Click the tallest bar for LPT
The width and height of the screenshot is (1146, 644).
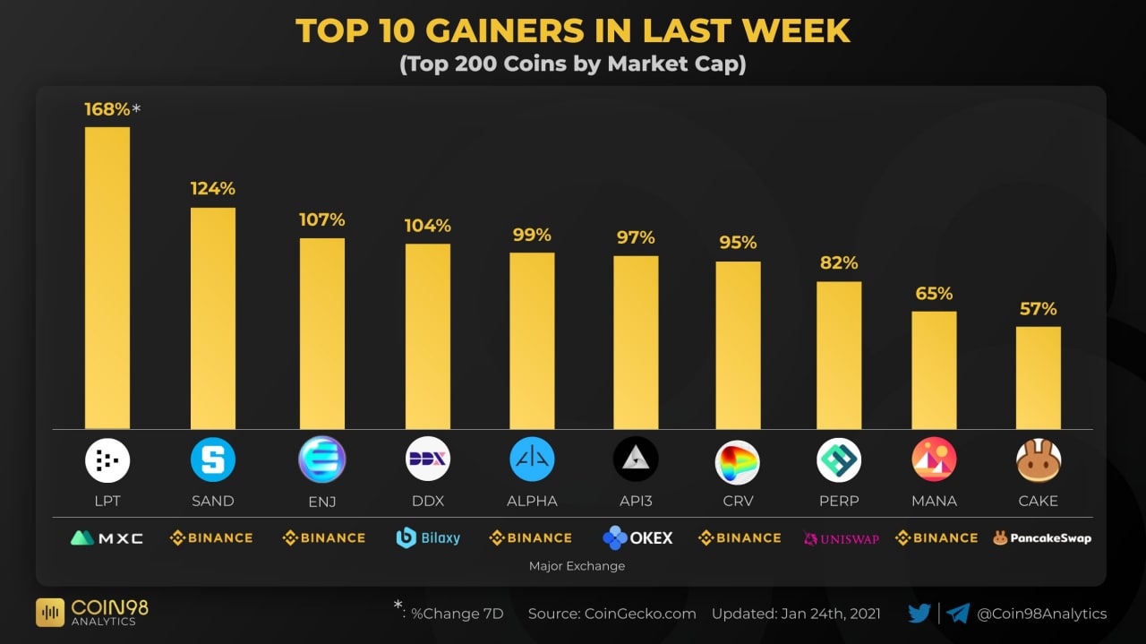coord(107,278)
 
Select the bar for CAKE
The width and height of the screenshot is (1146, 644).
coord(1039,377)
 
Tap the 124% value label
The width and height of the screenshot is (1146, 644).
coord(212,189)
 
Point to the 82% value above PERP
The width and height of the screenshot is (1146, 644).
coord(839,263)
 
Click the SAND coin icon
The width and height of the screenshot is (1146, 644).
coord(213,460)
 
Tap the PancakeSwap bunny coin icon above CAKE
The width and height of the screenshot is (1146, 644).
coord(1039,461)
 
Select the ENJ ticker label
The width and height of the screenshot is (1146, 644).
coord(322,502)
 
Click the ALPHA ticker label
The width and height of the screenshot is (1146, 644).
coord(532,502)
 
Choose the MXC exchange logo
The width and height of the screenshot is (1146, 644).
coord(107,538)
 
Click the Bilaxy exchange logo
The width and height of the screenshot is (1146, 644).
coord(428,538)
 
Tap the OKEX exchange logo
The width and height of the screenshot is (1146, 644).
coord(637,538)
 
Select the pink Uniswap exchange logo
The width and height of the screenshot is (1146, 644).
coord(842,539)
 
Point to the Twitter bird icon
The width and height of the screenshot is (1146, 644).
coord(919,614)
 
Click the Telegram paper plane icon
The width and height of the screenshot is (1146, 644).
coord(958,614)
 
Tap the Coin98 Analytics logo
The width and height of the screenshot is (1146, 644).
coord(92,612)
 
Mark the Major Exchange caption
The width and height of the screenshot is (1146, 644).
coord(577,566)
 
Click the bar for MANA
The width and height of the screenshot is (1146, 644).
coord(934,370)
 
